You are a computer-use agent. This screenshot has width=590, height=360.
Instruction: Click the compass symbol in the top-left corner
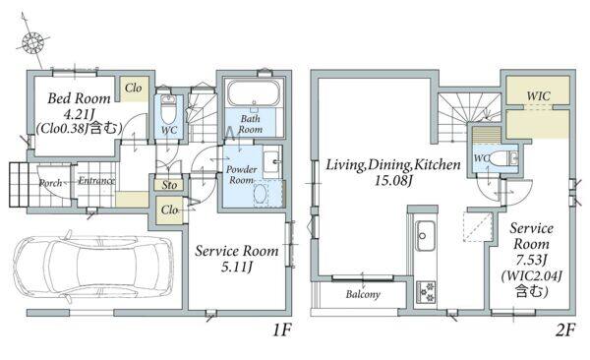(33, 42)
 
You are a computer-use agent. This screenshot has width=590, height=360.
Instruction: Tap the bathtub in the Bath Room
(254, 92)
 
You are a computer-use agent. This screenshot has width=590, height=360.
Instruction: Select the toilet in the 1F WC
(167, 108)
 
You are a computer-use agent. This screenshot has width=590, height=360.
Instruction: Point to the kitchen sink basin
(425, 236)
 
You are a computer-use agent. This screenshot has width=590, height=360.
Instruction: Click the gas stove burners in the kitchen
(426, 291)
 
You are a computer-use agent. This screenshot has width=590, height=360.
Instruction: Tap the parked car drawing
(93, 267)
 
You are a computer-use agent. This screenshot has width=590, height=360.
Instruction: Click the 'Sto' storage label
(169, 185)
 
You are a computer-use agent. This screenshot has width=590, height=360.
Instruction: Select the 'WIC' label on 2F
(538, 95)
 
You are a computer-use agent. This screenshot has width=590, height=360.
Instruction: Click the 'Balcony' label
(363, 294)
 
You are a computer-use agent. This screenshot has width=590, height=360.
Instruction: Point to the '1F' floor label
(282, 330)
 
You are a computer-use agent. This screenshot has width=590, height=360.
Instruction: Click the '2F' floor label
(565, 330)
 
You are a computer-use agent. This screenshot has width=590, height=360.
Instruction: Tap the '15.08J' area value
(392, 181)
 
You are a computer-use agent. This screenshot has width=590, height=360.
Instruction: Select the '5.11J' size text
(237, 267)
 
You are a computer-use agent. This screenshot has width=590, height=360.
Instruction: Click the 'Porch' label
(51, 183)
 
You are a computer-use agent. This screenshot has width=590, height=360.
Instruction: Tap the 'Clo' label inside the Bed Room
(134, 89)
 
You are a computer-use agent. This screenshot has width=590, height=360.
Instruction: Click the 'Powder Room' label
(241, 175)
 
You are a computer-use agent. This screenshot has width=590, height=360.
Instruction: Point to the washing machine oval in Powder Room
(261, 195)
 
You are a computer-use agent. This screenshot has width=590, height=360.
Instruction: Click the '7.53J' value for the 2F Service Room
(531, 260)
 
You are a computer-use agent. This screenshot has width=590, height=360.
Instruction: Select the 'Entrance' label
(96, 181)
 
